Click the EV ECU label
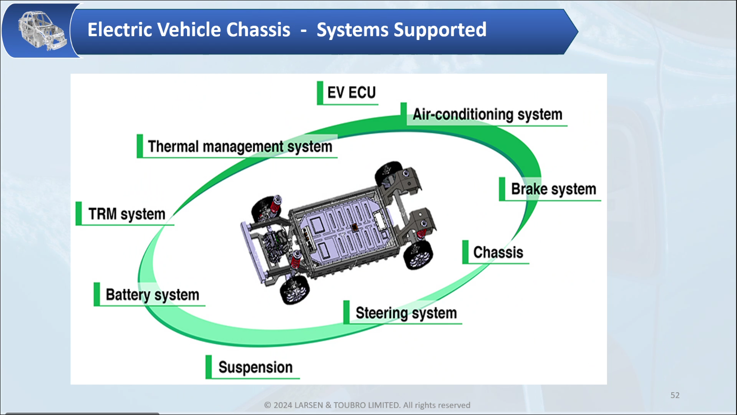click(x=351, y=92)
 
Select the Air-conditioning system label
click(x=487, y=114)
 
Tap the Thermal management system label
click(x=240, y=146)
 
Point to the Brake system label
click(x=553, y=189)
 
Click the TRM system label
click(x=127, y=214)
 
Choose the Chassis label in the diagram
click(x=498, y=252)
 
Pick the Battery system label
click(x=152, y=295)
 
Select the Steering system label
click(x=406, y=313)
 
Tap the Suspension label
click(x=255, y=367)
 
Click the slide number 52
click(x=675, y=395)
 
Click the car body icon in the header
click(x=42, y=31)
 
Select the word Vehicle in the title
click(x=189, y=30)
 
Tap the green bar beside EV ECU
click(x=320, y=93)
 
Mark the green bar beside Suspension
click(x=209, y=367)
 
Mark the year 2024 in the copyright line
click(x=283, y=405)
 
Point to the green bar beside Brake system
click(x=502, y=189)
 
